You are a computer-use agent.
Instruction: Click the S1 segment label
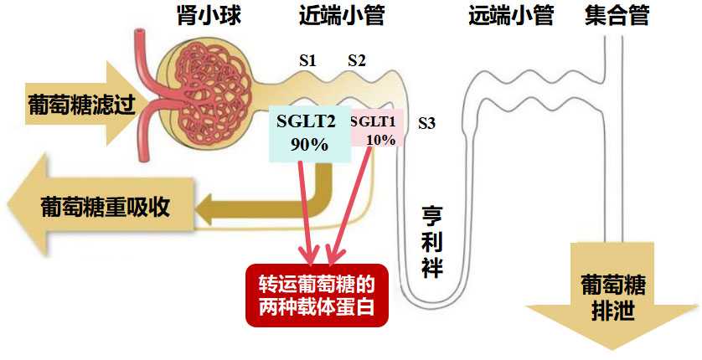pos(307,61)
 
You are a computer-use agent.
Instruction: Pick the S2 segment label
pos(357,61)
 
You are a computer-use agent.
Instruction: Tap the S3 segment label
pos(426,124)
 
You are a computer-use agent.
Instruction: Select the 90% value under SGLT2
pos(308,143)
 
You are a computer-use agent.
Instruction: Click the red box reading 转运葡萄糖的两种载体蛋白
pos(319,296)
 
